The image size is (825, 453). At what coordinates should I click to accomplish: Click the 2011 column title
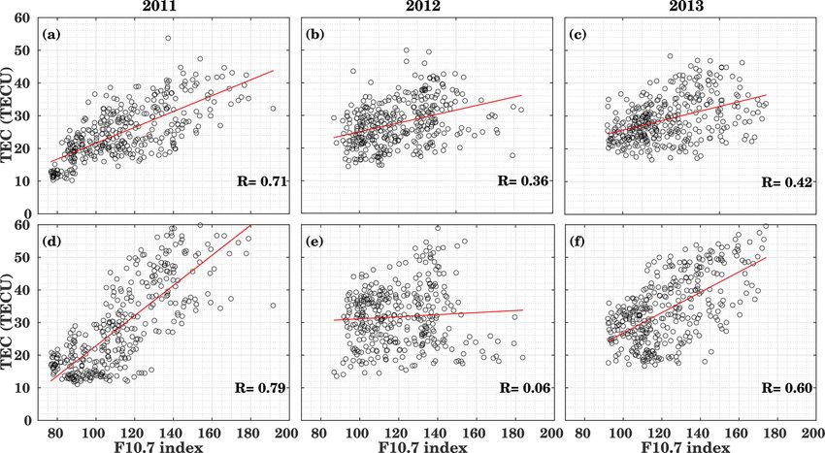pos(159,8)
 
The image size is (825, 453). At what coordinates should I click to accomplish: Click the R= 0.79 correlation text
pos(259,388)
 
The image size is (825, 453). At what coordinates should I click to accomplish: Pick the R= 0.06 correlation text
pos(522,388)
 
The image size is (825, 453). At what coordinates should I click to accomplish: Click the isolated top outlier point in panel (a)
pos(168,39)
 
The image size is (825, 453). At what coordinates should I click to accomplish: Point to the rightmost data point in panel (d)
pos(273,305)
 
